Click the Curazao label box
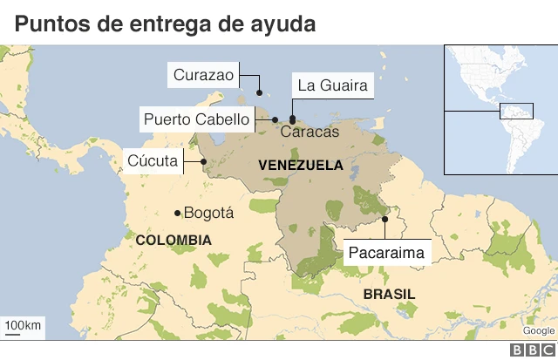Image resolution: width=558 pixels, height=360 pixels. (x=203, y=75)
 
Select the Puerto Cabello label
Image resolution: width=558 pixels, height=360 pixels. (x=197, y=119)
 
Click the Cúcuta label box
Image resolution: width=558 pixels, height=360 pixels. (x=152, y=160)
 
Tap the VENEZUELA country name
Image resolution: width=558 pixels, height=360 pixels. (x=301, y=165)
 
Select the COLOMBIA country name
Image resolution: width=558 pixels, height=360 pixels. (x=173, y=240)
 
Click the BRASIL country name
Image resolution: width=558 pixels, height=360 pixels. (x=389, y=294)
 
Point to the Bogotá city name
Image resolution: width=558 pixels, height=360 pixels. (x=209, y=213)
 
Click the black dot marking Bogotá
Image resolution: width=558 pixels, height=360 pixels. (x=177, y=213)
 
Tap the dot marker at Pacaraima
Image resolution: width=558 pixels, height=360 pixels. (x=384, y=219)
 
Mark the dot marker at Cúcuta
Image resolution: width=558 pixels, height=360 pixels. (x=203, y=161)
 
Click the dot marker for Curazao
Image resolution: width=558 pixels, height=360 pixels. (x=259, y=93)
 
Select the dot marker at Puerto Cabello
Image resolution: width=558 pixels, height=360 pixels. (x=275, y=119)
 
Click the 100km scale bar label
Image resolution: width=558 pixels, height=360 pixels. (x=23, y=326)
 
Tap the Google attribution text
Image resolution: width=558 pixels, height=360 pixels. (x=538, y=330)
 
